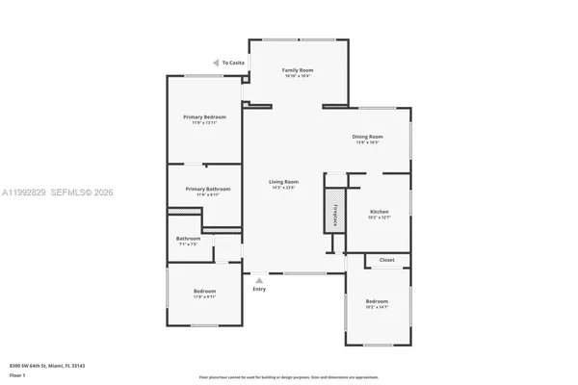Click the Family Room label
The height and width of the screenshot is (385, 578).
coord(297,70)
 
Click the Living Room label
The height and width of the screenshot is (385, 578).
coord(283,181)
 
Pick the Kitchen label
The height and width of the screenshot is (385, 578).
coord(379,211)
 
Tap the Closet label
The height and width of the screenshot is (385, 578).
coord(386,260)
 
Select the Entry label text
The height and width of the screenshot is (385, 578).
coord(259,289)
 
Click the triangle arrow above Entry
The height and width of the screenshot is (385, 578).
coord(258,279)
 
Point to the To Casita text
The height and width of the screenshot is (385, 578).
coord(233,63)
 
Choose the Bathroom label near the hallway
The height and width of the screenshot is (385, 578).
coord(188,238)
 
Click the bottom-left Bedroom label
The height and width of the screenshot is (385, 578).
coord(204,291)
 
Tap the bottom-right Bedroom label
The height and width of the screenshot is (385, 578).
coord(376,300)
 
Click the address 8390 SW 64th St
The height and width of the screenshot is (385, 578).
coord(47,366)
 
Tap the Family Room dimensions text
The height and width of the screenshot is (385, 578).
coord(297,77)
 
